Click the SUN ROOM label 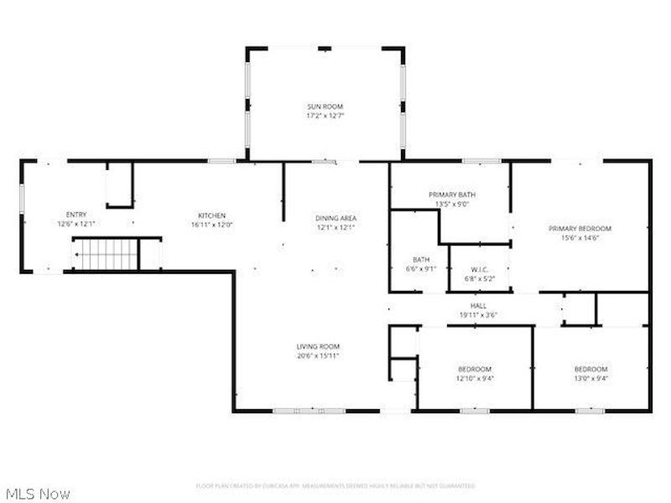click(325, 106)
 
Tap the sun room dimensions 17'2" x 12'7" click(325, 115)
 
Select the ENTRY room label click(76, 215)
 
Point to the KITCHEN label click(211, 215)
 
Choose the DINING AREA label click(335, 218)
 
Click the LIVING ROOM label click(318, 346)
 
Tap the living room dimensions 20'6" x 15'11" click(318, 355)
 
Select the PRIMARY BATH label click(451, 194)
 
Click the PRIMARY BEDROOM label click(580, 228)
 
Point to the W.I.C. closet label click(479, 270)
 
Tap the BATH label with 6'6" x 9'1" click(421, 260)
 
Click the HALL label click(478, 306)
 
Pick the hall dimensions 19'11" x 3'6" click(478, 315)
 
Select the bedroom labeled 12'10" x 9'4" click(474, 370)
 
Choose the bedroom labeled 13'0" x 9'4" click(590, 370)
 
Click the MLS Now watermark click(38, 494)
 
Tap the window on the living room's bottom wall click(309, 411)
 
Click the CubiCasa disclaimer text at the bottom click(335, 485)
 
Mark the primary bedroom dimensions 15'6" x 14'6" click(580, 237)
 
